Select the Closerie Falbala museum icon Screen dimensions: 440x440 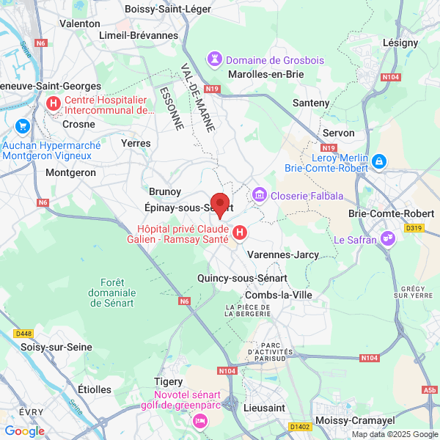coord(259,195)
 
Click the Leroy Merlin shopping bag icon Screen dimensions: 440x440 coord(378,160)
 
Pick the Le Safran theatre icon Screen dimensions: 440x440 coord(389,238)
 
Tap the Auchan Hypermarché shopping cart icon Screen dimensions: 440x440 coord(22,125)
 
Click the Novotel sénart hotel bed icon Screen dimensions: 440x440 coord(199,421)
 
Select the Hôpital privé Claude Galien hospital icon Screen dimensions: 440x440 coord(239,233)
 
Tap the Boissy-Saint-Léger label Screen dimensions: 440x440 coord(169,9)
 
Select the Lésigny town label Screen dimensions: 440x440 coord(400,43)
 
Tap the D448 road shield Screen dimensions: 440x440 coord(23,334)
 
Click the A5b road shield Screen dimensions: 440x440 coord(428,390)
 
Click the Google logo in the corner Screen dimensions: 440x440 coord(25,431)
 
